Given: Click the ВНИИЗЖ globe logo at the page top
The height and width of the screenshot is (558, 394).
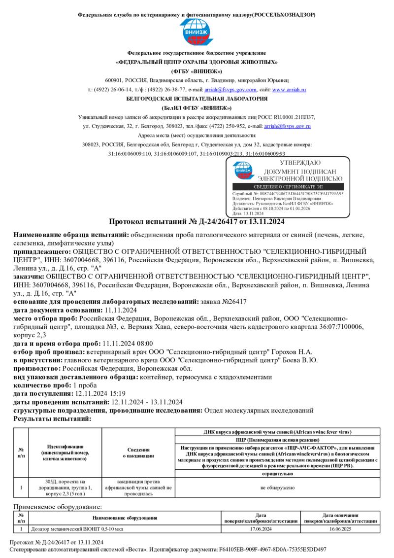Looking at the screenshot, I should coord(197,33).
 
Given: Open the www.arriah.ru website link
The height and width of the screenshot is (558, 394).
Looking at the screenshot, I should coord(289,90).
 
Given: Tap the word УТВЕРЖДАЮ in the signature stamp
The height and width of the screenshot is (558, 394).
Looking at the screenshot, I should coord(300,163).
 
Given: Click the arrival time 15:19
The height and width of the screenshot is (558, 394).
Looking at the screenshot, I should coord(117,393).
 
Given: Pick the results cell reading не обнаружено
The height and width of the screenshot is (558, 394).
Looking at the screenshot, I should coord(277,488).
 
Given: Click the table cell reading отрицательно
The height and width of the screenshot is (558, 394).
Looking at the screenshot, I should coord(277,473).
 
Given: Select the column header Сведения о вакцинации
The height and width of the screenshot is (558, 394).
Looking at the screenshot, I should coord(139,453).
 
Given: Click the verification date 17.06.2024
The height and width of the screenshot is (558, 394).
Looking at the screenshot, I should coord(261,528).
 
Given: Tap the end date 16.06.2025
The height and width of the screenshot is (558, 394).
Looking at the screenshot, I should coord(340,528).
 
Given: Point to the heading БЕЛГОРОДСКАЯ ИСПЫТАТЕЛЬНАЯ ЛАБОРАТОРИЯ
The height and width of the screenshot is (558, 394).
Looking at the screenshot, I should coord(197,99).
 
